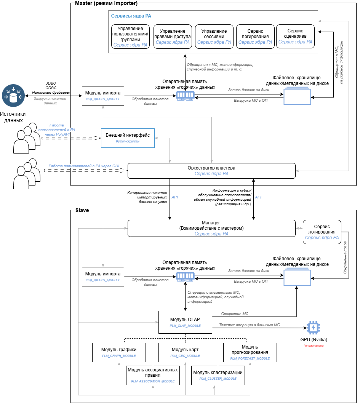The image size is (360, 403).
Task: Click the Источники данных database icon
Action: pos(13,96)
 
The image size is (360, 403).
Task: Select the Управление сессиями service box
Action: pos(214,37)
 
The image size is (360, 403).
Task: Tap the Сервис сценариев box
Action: pos(295,36)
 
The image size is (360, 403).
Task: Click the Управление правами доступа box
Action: pos(173,37)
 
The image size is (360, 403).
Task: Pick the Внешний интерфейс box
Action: pos(128,138)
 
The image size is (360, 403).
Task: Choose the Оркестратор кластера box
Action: pos(211,170)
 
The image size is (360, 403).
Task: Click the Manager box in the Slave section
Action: pos(211,228)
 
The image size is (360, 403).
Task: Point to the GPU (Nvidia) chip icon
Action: pos(313,328)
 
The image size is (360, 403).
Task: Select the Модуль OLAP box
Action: pos(185,322)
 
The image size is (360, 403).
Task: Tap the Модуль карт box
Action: pos(185,352)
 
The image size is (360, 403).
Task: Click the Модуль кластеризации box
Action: pos(218,375)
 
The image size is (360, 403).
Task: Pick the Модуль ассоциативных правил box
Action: pos(153,375)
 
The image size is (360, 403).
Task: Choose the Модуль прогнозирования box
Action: pos(250,352)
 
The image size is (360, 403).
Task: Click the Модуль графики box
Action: pos(119,352)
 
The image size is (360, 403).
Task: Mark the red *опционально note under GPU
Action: pos(313,346)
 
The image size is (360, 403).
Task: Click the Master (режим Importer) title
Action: pos(106,3)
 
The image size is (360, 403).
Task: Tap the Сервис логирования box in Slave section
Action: pos(322,232)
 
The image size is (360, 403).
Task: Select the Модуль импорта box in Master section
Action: pos(103,96)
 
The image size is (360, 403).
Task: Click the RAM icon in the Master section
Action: pos(186,96)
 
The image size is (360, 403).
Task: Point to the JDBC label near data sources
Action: pos(51,83)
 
